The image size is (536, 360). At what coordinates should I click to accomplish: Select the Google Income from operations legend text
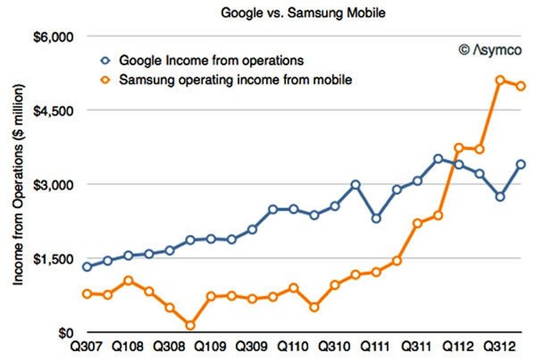211,59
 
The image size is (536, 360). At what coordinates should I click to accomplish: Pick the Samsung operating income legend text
236,80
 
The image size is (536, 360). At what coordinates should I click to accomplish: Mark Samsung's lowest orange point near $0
190,326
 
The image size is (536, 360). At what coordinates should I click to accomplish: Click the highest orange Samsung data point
500,81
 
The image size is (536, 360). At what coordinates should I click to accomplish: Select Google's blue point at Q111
376,218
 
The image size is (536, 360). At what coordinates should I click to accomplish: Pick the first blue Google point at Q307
88,267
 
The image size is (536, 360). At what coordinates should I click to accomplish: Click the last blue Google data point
520,164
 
